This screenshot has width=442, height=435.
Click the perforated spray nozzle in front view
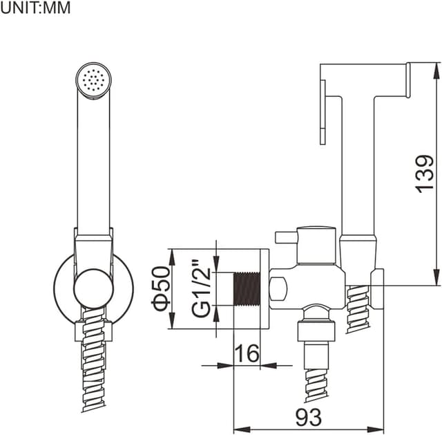[x=92, y=80]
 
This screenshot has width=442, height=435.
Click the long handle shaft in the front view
[x=93, y=166]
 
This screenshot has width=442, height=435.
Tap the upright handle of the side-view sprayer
[x=358, y=166]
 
